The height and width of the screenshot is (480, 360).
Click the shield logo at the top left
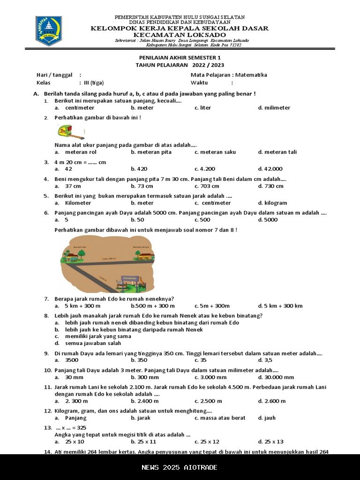pos(49,30)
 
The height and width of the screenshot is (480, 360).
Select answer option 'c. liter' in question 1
pos(202,108)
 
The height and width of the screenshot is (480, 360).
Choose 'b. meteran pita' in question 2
pos(151,152)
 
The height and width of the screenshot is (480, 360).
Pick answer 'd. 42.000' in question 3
pos(270,169)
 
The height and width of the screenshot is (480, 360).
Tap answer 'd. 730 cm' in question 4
pos(270,186)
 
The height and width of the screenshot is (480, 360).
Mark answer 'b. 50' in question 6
pos(137,220)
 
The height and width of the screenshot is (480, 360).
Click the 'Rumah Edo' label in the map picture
pos(80,247)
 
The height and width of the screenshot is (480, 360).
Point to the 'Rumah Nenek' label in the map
pos(141,247)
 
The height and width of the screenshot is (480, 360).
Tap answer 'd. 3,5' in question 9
pos(265,360)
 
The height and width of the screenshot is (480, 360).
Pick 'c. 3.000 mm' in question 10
pos(210,377)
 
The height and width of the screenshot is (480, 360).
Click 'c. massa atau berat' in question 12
pos(220,418)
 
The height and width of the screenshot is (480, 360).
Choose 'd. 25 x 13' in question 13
pos(270,442)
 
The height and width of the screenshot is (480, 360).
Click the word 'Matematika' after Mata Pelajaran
pos(251,75)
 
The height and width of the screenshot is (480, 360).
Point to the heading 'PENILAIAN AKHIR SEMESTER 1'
pos(180,58)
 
